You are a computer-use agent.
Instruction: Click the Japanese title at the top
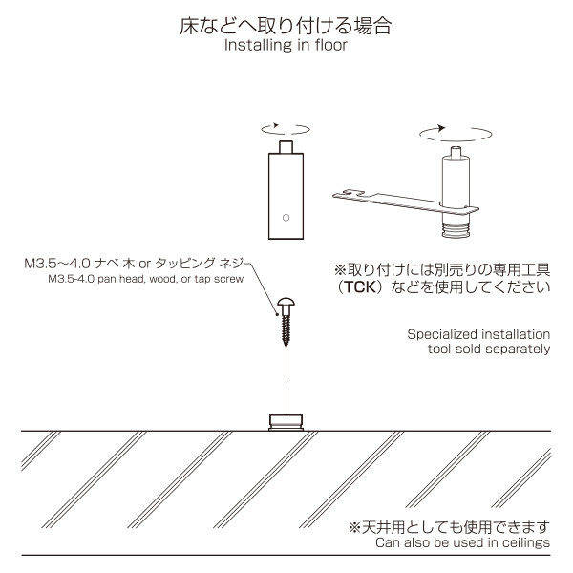286,26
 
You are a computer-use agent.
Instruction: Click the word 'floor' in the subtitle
330,45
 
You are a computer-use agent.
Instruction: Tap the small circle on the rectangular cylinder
286,218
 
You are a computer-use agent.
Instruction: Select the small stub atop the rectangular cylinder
286,147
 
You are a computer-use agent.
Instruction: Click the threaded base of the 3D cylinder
456,229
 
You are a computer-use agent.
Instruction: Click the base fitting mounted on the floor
286,422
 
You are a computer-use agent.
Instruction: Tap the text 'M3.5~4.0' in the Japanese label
57,264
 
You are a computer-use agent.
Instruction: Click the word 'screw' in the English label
230,279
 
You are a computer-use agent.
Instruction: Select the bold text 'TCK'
360,287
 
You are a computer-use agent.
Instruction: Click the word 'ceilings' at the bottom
526,543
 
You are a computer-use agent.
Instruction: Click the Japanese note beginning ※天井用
449,527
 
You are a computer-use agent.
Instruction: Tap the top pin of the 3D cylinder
456,152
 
